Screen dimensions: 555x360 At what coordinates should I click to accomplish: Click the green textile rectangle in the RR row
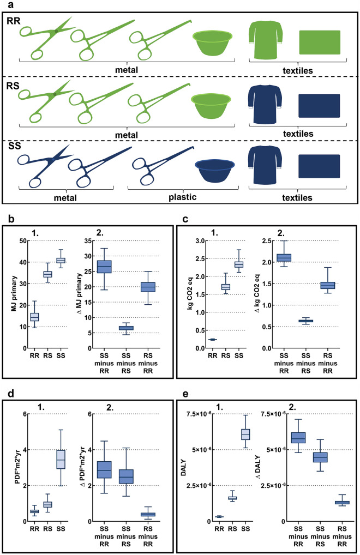click(320, 42)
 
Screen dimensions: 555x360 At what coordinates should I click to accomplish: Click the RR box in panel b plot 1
click(34, 316)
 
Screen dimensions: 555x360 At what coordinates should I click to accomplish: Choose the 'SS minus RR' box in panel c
click(284, 257)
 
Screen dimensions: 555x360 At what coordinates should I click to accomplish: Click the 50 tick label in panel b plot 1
click(22, 240)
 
